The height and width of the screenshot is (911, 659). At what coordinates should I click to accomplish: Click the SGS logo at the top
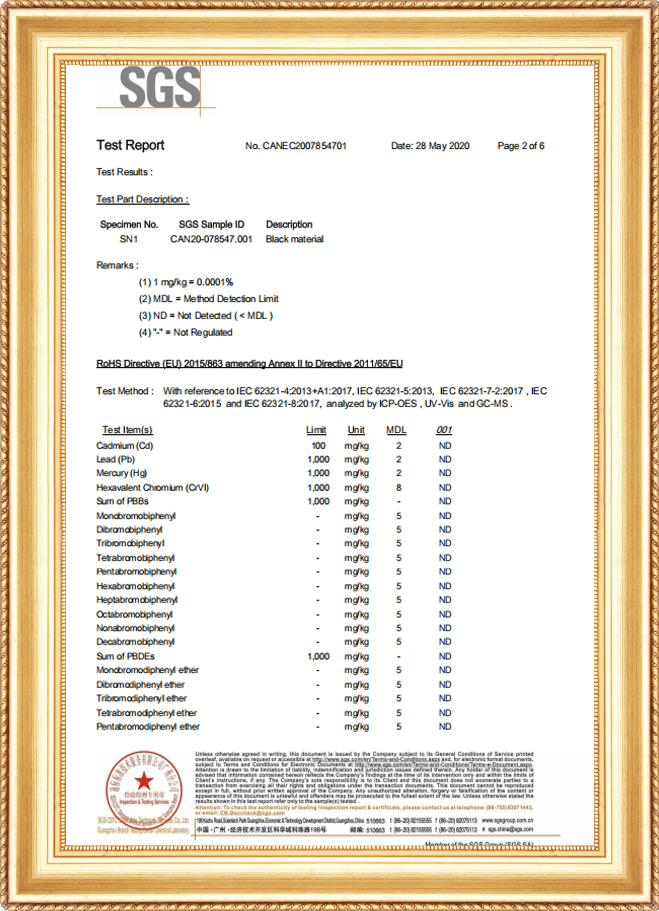click(x=159, y=87)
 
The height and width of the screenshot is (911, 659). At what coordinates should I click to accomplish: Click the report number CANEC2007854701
click(x=296, y=146)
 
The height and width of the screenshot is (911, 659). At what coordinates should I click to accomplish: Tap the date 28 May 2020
click(x=442, y=146)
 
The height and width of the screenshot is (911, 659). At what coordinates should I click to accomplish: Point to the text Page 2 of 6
click(x=521, y=146)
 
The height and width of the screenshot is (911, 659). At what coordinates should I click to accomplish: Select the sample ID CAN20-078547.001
click(x=211, y=239)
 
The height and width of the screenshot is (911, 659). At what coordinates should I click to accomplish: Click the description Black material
click(x=294, y=239)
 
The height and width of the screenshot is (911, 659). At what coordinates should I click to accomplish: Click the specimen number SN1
click(x=129, y=239)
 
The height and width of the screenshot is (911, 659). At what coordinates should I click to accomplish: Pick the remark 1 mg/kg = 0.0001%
click(x=186, y=282)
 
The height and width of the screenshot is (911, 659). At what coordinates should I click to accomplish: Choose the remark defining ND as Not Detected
click(x=206, y=316)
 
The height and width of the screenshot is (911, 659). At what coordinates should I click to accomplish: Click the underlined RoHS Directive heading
click(x=249, y=364)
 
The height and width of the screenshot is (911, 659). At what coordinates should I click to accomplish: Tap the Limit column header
click(x=316, y=430)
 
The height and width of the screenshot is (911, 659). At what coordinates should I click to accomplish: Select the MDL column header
click(x=396, y=430)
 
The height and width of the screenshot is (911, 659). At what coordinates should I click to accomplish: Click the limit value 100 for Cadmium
click(x=319, y=446)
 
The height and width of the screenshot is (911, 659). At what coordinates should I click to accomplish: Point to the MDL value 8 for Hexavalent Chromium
click(x=398, y=488)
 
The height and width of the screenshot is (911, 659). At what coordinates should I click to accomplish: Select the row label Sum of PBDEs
click(x=125, y=656)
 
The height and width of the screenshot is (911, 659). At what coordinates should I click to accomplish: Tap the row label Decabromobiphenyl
click(x=135, y=642)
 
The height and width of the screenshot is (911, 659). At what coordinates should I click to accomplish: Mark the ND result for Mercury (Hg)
click(x=445, y=473)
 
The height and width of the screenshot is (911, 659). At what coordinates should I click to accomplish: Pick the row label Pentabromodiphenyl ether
click(x=148, y=727)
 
